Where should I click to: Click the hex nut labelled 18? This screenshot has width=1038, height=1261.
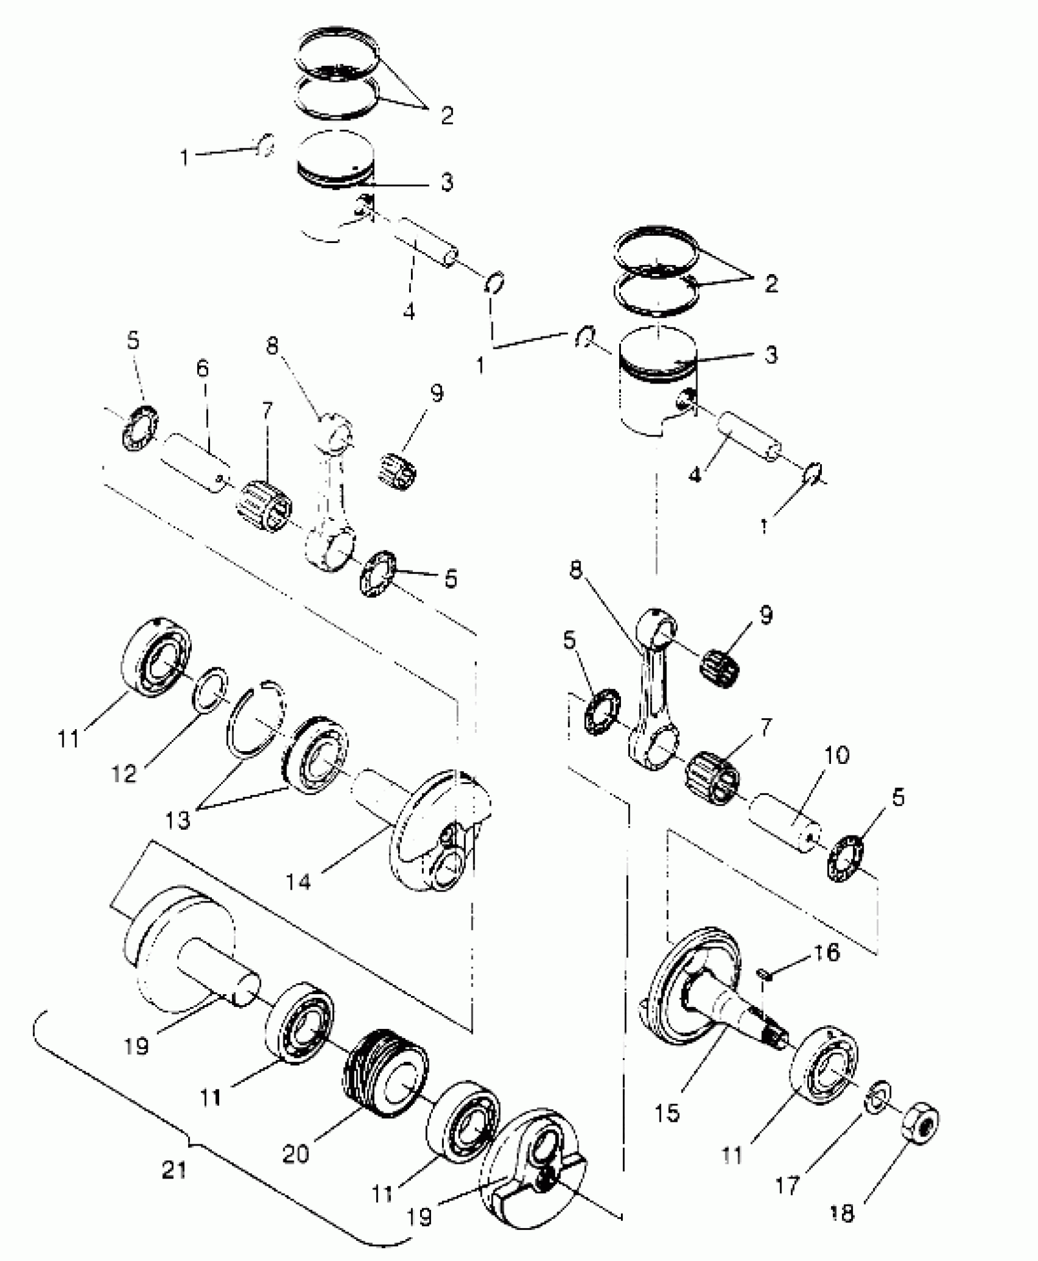(920, 1121)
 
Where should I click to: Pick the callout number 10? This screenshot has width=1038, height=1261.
(840, 755)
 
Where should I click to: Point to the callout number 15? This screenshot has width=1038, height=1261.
(669, 1113)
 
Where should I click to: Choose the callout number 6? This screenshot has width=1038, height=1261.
(202, 368)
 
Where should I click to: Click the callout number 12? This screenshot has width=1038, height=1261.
(123, 774)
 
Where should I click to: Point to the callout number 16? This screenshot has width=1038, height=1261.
(827, 952)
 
